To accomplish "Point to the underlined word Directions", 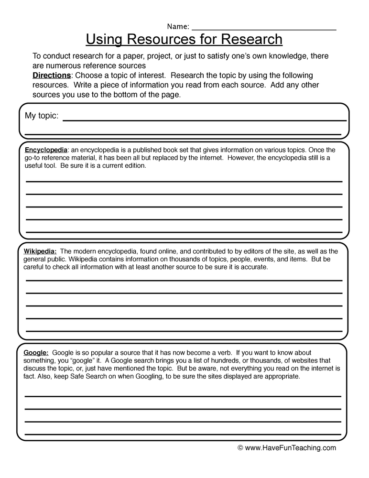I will (51, 76).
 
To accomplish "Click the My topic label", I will (42, 116).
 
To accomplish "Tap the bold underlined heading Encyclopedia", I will (46, 150).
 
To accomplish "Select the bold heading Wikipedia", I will (40, 251).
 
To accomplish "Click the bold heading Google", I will (36, 353).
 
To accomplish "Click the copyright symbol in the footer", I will (240, 448).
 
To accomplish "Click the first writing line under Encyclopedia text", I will (184, 182).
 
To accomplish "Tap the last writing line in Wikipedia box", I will (184, 330).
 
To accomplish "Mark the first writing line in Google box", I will (183, 396).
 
